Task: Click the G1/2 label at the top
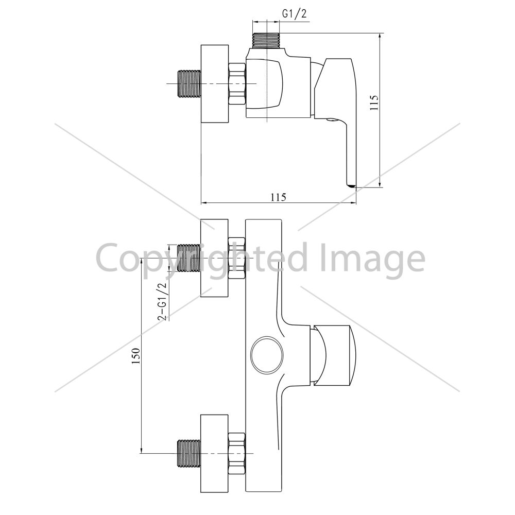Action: [294, 13]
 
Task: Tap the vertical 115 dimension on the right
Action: [374, 103]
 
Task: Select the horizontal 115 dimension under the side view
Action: [279, 197]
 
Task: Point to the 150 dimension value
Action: [136, 355]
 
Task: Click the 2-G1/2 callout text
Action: [163, 301]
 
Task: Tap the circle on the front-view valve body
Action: [267, 355]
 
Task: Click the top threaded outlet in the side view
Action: [266, 40]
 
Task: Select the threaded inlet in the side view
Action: [189, 84]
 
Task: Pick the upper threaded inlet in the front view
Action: [189, 258]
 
